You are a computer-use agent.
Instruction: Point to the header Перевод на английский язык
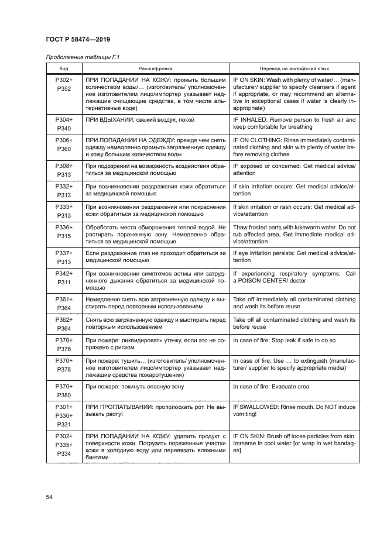[x=293, y=68]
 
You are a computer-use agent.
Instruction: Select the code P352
[x=64, y=89]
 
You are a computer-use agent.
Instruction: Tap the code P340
[x=64, y=128]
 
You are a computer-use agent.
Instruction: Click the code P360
[x=64, y=150]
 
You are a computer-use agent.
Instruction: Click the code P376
[x=64, y=349]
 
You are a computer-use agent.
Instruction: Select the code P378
[x=64, y=370]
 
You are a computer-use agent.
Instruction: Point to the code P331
[x=64, y=425]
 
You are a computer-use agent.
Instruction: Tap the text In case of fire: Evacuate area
[x=276, y=387]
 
